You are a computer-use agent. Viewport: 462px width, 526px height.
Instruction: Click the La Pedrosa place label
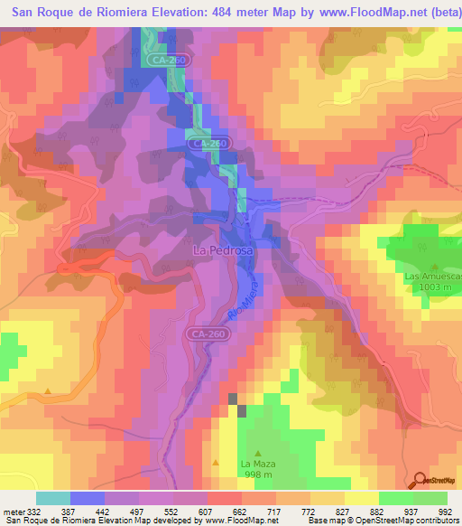(222, 249)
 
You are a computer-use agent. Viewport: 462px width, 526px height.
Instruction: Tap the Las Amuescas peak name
(433, 276)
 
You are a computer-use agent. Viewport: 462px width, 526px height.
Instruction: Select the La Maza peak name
(257, 465)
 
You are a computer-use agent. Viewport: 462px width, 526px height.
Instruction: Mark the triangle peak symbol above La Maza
(258, 453)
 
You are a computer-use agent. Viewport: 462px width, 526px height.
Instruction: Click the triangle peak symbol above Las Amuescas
(434, 265)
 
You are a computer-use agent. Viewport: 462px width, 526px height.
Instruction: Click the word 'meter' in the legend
(13, 512)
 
